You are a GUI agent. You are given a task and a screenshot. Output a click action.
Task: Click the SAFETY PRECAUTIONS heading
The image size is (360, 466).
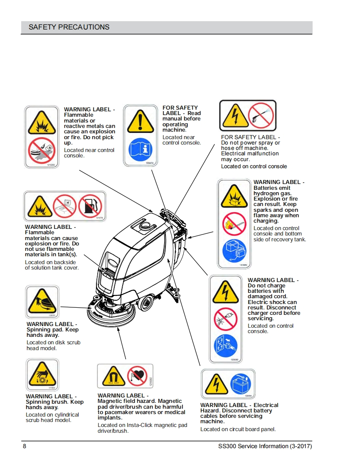(x=69, y=27)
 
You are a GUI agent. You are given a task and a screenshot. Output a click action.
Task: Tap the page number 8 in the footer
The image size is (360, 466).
(x=25, y=446)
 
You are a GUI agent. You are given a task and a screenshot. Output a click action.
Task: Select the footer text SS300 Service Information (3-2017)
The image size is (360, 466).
(x=265, y=446)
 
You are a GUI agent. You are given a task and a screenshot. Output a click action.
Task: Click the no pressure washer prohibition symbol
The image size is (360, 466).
(x=261, y=115)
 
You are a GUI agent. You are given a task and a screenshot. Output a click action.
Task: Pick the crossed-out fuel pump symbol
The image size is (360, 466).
(x=90, y=206)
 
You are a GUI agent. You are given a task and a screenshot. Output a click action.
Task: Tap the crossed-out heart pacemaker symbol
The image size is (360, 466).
(x=137, y=376)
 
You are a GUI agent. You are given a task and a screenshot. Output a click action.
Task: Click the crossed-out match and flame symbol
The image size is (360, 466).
(x=234, y=224)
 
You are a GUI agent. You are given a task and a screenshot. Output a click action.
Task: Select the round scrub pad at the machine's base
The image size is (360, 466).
(x=108, y=318)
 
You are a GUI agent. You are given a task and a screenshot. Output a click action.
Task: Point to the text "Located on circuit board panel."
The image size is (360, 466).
(x=238, y=429)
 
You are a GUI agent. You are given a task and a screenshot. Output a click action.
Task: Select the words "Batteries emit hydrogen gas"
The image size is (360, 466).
(x=272, y=191)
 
